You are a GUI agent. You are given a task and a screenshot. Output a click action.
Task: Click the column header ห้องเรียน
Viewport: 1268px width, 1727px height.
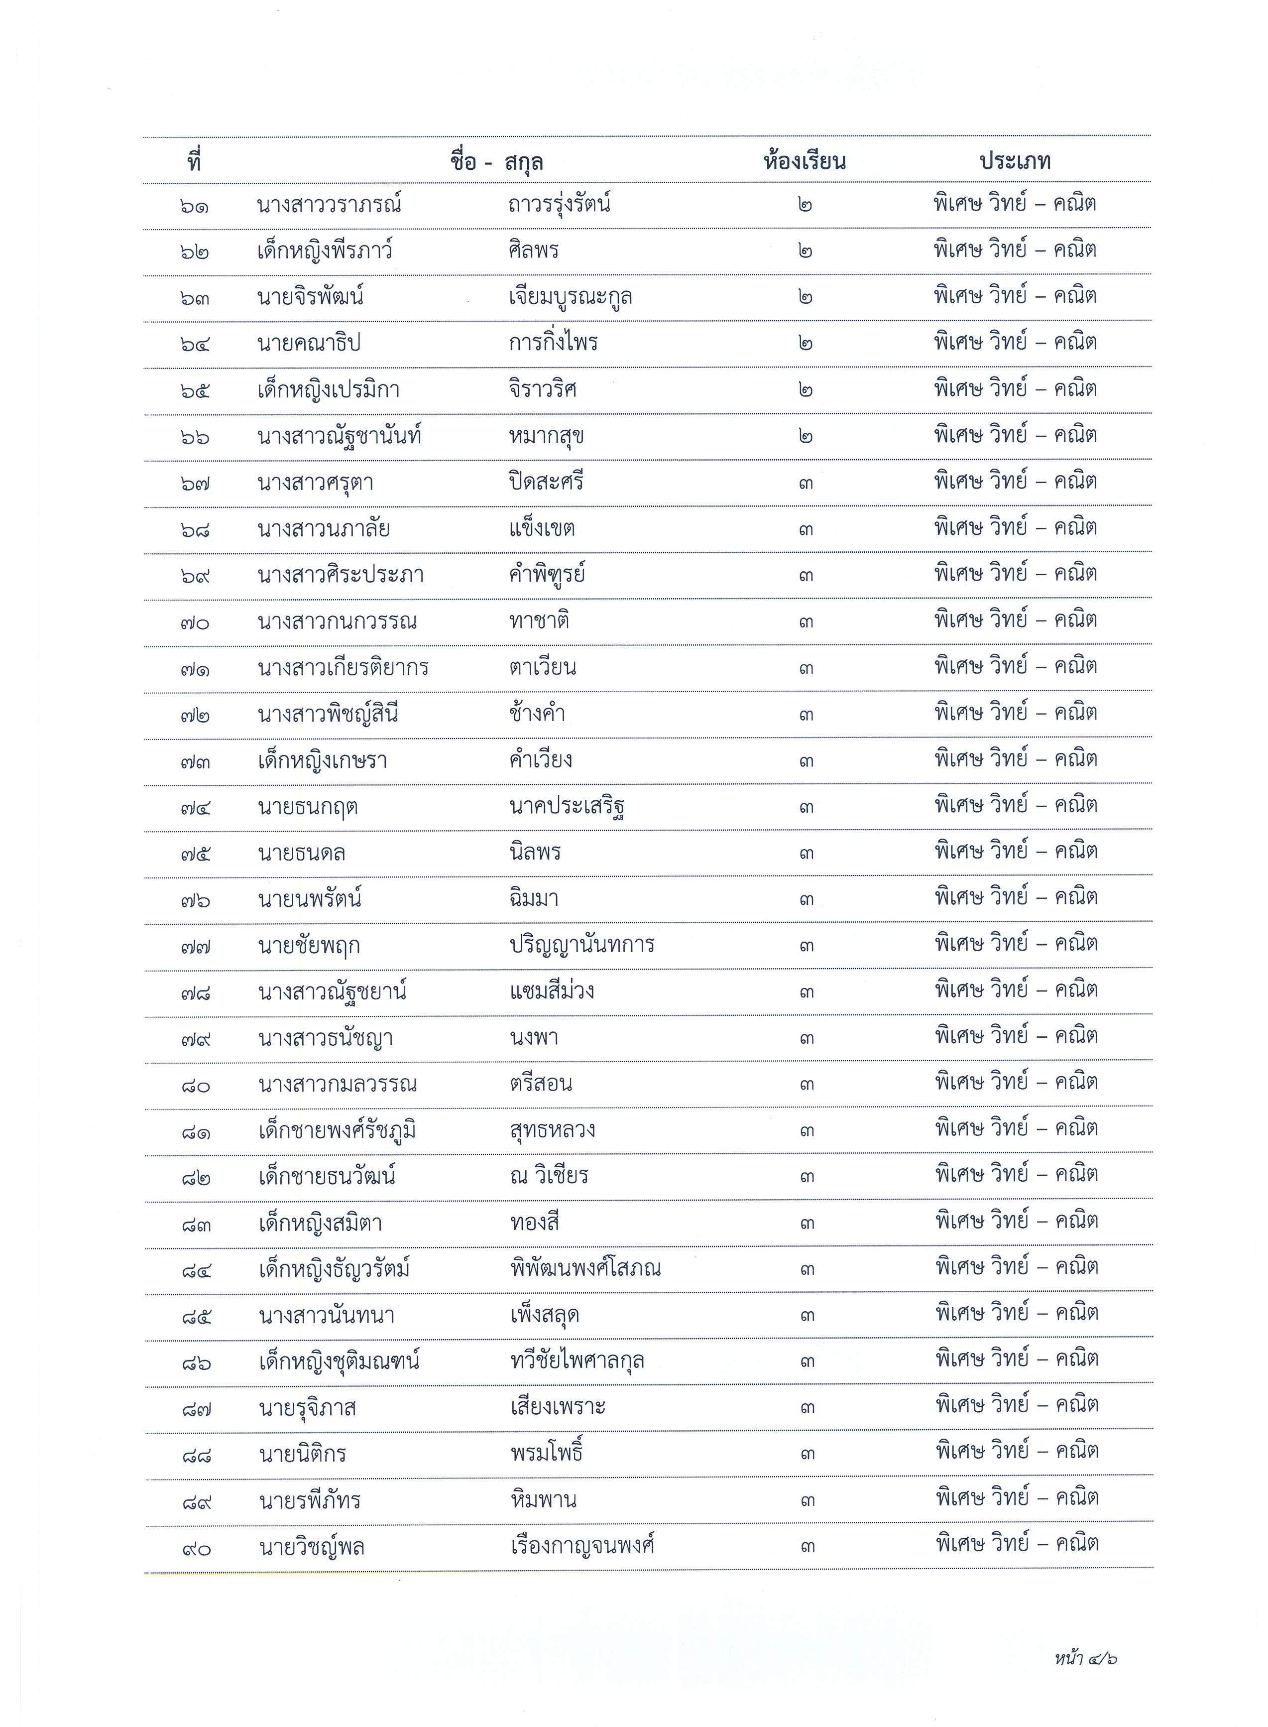pos(805,162)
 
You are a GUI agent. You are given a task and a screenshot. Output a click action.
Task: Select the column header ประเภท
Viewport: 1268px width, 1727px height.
pos(1015,161)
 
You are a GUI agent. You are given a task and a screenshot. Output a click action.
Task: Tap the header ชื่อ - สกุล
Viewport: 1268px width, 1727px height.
pos(497,162)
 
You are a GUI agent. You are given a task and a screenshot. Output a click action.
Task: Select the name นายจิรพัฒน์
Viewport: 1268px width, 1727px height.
pos(310,297)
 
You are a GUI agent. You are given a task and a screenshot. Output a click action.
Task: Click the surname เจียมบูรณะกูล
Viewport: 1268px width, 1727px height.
pos(571,297)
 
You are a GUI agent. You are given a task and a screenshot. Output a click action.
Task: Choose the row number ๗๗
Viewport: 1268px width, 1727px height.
pos(196,946)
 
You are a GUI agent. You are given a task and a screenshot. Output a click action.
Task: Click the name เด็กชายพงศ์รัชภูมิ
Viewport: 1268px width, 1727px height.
pos(338,1130)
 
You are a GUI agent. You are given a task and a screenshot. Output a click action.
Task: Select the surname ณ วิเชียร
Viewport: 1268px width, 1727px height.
pos(549,1176)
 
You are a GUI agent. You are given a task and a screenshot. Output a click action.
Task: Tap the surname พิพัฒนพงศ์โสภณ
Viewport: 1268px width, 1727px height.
pos(585,1269)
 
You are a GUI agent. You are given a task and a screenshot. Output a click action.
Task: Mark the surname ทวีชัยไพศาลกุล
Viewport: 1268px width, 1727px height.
pos(577,1361)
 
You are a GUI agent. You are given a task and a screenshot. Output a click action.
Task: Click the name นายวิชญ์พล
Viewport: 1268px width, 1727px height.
pos(312,1547)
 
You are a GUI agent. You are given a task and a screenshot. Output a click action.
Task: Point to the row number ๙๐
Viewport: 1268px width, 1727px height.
pos(197,1548)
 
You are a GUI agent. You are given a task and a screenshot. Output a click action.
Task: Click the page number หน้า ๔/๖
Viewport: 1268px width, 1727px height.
pos(1085,1659)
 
